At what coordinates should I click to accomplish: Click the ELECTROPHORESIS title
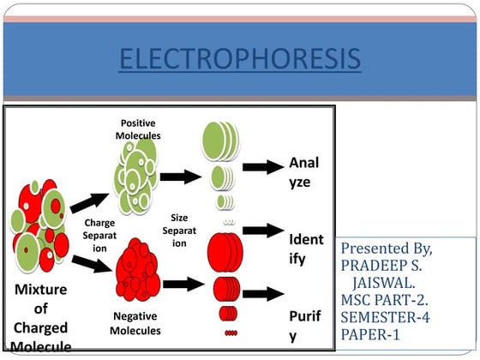click(239, 61)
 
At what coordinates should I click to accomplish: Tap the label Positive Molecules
click(140, 129)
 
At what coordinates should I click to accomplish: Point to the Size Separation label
click(179, 231)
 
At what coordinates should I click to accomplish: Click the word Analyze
click(306, 171)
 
